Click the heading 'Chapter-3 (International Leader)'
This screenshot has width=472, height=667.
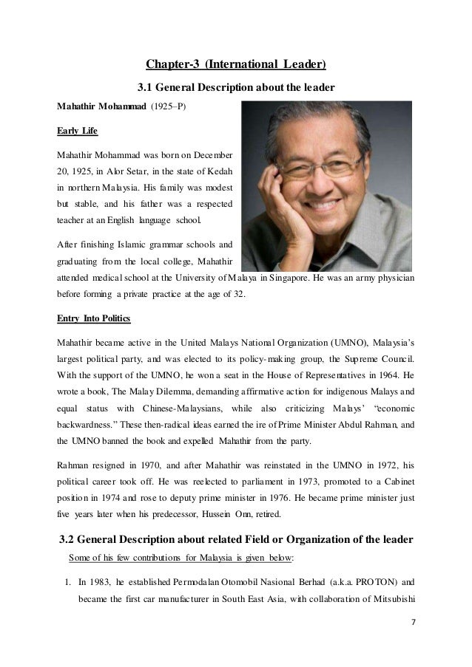click(235, 64)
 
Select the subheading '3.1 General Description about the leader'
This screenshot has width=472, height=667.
click(237, 88)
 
